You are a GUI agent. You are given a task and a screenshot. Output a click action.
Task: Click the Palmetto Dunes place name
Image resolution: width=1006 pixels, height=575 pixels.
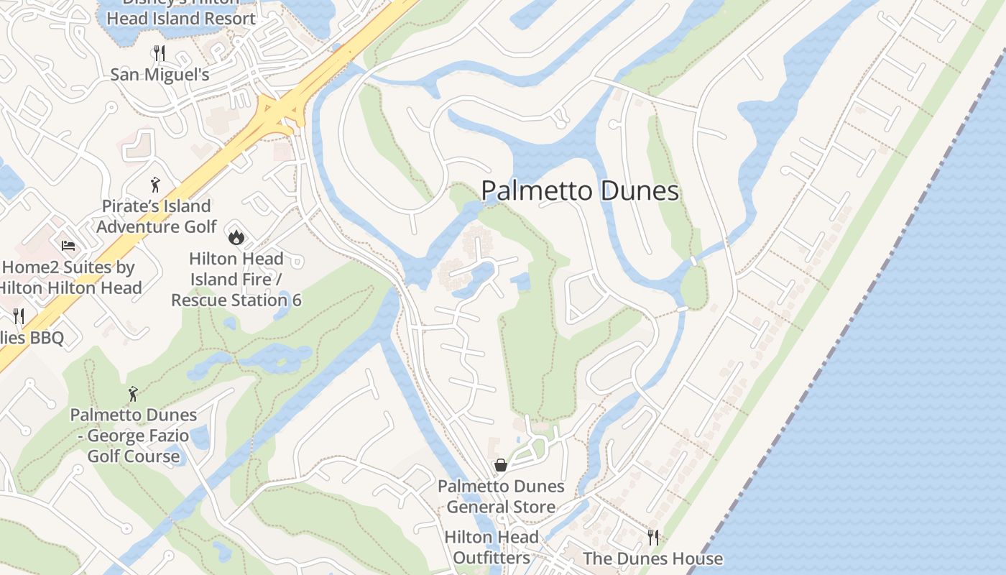point(580,191)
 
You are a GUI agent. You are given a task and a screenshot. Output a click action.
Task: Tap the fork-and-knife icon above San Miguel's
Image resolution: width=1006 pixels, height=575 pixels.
point(160,52)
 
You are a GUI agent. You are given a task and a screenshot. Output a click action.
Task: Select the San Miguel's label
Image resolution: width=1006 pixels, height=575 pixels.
point(160,75)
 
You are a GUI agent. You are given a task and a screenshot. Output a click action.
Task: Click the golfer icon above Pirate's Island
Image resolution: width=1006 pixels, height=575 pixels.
point(155,185)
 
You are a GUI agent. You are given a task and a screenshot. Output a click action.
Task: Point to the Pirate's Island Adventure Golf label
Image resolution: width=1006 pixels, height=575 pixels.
point(157,216)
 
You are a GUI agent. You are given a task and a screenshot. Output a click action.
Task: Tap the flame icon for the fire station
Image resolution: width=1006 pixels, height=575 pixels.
point(236,236)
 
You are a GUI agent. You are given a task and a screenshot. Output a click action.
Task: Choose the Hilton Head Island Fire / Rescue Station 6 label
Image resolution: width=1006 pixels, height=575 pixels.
point(236,279)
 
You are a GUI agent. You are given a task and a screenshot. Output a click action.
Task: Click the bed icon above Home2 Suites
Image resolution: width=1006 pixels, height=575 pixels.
point(68,246)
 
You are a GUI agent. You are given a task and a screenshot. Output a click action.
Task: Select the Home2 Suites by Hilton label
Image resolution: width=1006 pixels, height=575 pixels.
point(70,277)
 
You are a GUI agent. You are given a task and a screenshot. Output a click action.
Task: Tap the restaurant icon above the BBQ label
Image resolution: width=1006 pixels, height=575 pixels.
point(19,316)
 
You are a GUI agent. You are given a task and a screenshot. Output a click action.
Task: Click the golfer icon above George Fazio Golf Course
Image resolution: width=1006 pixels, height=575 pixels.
point(133,394)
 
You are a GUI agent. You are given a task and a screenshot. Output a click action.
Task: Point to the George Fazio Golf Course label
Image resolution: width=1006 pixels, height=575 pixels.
point(134,436)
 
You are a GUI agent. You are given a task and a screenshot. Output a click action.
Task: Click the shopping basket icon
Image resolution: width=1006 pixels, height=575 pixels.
point(501,465)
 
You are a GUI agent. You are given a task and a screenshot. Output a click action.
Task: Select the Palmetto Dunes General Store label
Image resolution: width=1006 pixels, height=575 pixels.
point(501,497)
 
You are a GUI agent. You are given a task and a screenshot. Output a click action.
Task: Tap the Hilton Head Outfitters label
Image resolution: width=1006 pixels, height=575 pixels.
point(492,547)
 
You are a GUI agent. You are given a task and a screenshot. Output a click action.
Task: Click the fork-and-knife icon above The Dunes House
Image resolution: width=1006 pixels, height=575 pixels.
point(653,537)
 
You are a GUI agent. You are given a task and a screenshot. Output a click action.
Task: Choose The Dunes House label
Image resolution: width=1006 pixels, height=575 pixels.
point(652,558)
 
